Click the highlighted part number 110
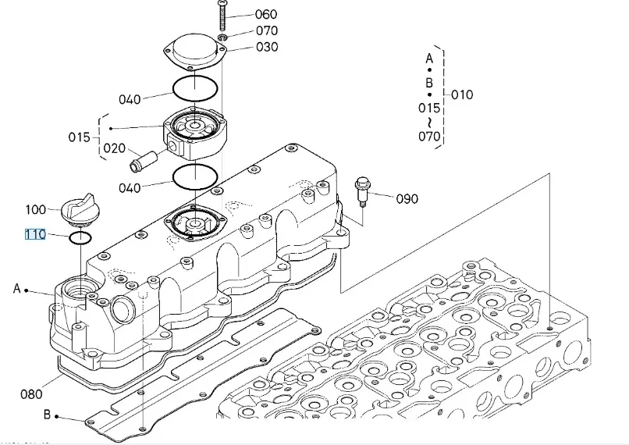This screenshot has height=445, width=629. coord(35,234)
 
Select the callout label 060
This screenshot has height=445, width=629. coord(266,15)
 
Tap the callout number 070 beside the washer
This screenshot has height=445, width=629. coord(267,30)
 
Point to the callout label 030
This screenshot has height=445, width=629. coord(267,47)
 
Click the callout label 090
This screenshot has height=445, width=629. coord(407,198)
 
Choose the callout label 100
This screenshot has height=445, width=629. coord(36,209)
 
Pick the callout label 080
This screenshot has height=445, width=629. coord(31,394)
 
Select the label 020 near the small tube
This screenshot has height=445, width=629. coord(114,148)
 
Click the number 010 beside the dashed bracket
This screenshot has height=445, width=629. coord(462,95)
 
